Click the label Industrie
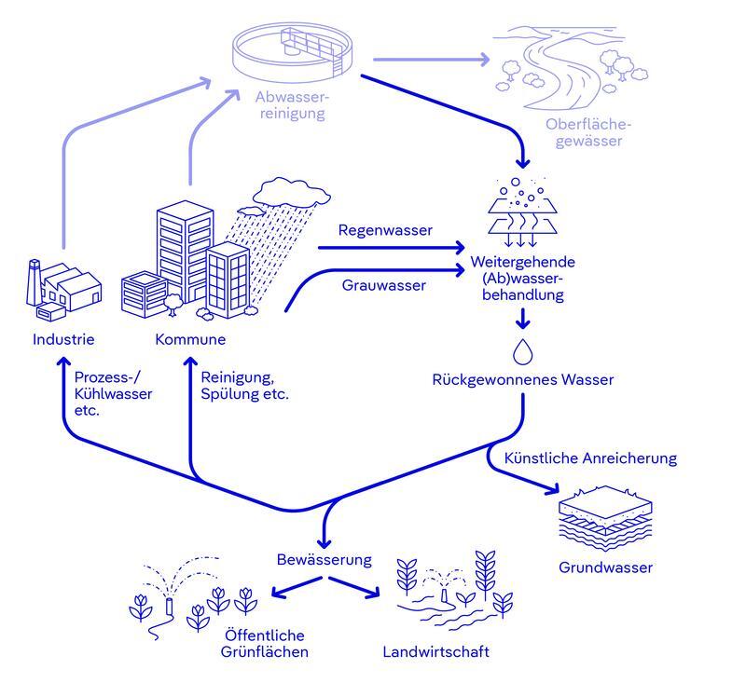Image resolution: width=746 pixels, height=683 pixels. (x=63, y=339)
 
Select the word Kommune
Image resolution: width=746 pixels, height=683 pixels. (x=190, y=339)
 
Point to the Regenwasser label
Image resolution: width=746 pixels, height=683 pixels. (x=385, y=229)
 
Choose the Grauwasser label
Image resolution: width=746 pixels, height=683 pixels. (x=383, y=285)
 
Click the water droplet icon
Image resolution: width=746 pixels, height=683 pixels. (x=522, y=352)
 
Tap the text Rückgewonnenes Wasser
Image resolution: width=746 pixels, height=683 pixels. (x=523, y=380)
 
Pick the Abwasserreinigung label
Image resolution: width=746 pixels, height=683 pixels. (x=293, y=105)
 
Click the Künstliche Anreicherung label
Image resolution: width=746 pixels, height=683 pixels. (x=590, y=458)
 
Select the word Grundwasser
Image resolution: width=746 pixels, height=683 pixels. (x=606, y=567)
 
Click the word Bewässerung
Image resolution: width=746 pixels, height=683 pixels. (x=325, y=560)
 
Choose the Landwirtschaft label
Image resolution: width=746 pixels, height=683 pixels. (x=435, y=651)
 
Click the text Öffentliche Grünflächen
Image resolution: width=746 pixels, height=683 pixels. (x=264, y=643)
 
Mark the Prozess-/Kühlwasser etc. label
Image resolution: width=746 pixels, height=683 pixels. (x=113, y=394)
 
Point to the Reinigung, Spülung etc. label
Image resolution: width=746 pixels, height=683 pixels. (x=244, y=386)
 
